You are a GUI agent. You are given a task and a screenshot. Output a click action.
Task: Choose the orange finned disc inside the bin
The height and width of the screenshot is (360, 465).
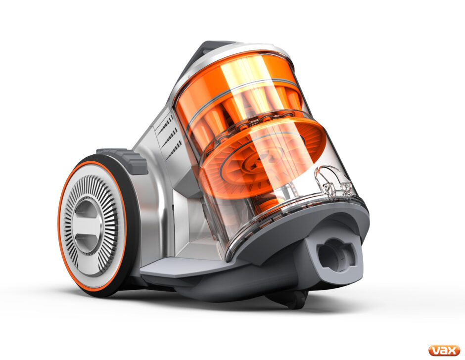(x=262, y=158)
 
